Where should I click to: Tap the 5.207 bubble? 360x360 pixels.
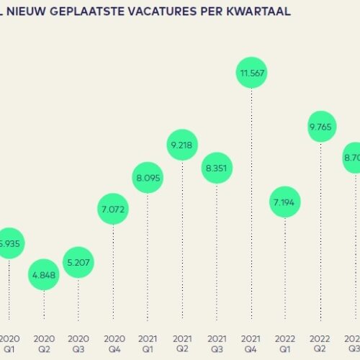78,262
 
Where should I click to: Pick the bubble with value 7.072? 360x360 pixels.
113,210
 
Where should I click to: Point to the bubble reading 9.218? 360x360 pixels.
182,145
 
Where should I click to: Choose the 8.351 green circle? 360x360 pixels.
217,167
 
